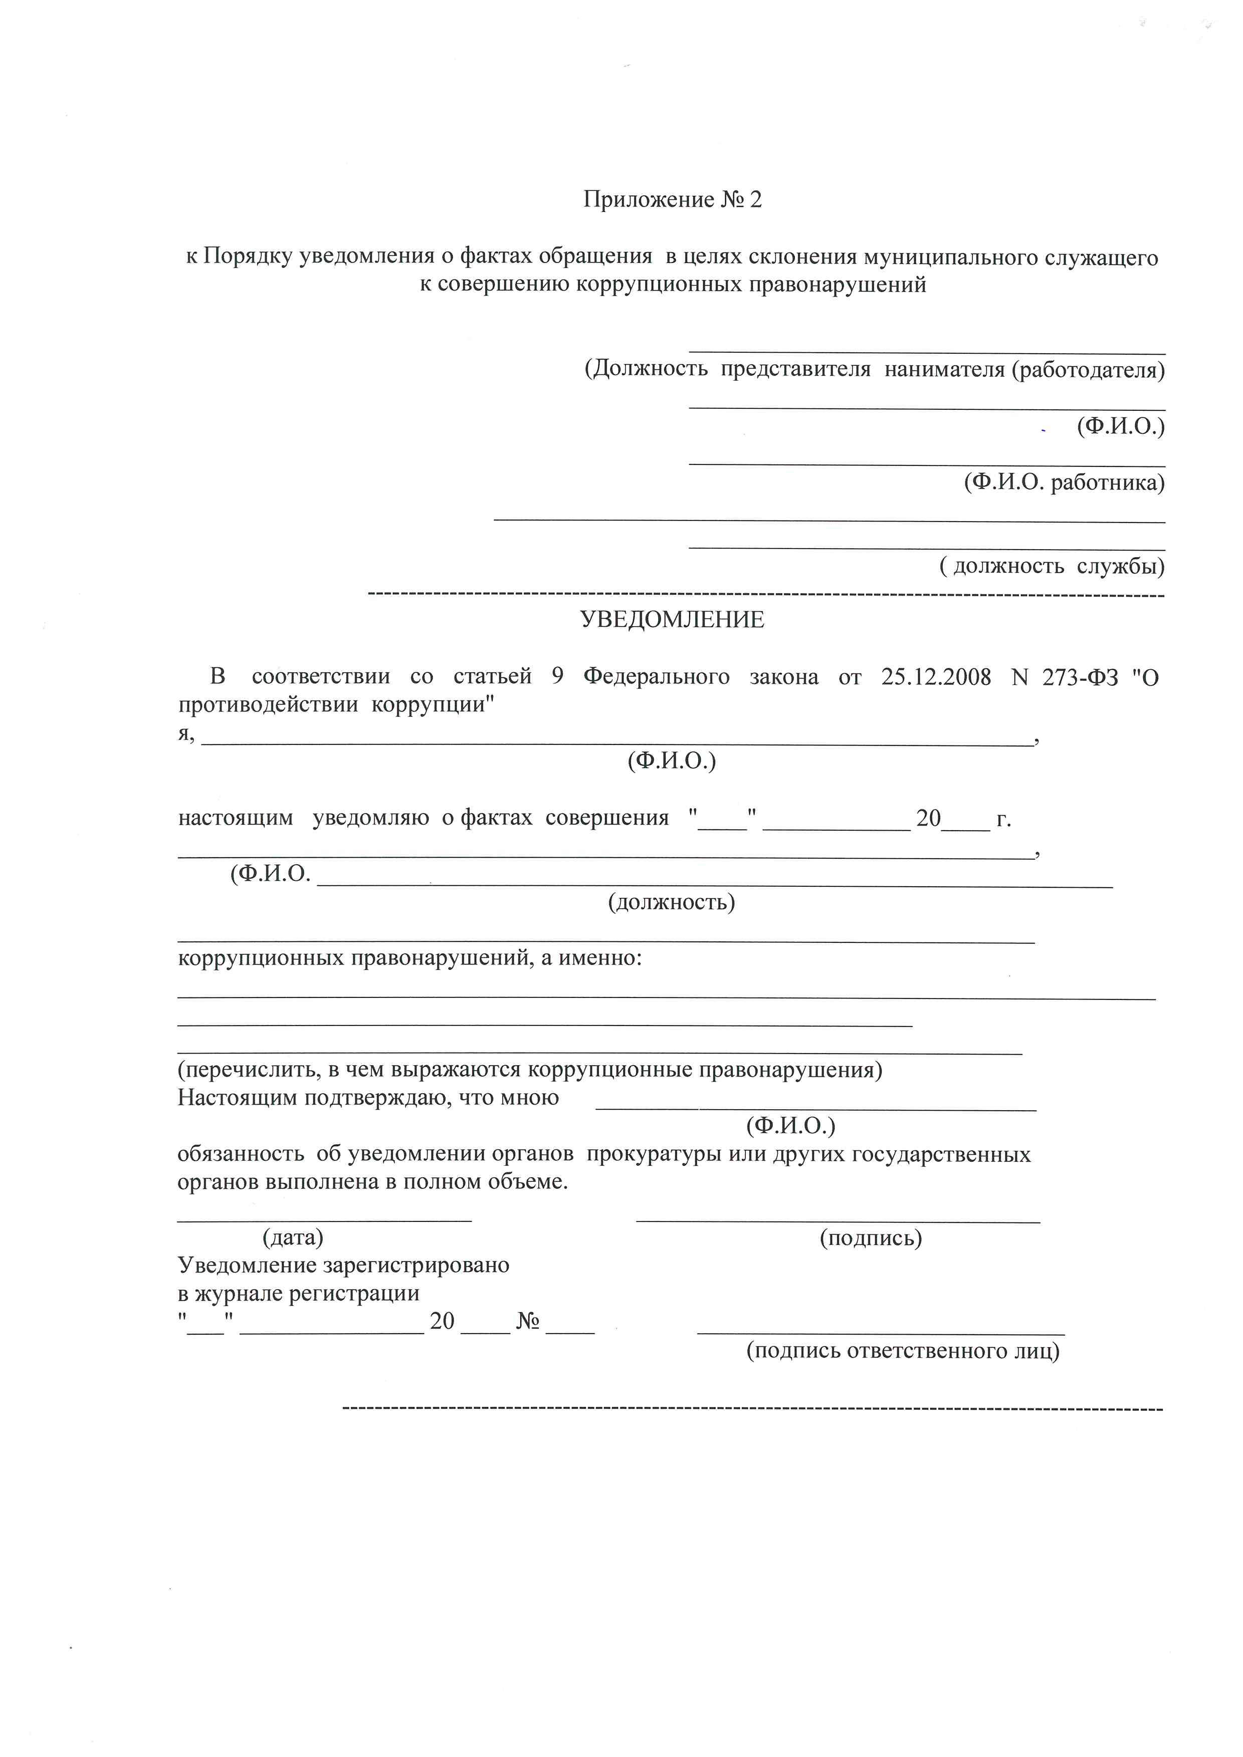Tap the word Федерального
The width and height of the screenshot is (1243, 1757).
[656, 677]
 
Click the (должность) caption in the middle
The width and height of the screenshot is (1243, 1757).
[671, 902]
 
